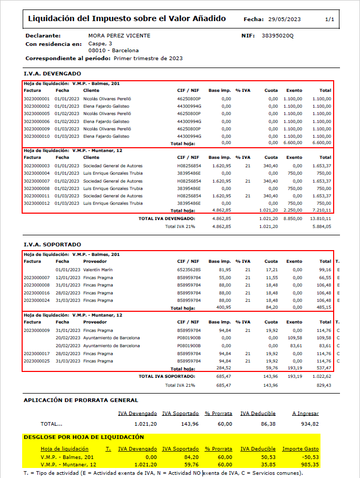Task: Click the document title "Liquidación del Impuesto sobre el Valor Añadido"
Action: pos(127,19)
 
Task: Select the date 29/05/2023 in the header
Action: pos(284,20)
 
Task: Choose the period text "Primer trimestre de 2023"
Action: pos(148,58)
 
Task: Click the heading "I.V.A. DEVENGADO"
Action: pos(52,74)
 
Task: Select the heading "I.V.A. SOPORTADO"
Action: pos(52,245)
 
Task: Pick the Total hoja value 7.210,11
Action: pos(322,210)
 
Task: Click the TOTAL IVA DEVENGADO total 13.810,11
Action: pos(320,218)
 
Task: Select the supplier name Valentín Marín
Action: pos(99,270)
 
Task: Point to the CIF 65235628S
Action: pos(189,270)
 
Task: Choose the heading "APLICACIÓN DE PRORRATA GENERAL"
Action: pos(81,400)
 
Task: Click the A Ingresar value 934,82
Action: pos(309,424)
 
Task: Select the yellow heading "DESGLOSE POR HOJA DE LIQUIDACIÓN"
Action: pos(84,437)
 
